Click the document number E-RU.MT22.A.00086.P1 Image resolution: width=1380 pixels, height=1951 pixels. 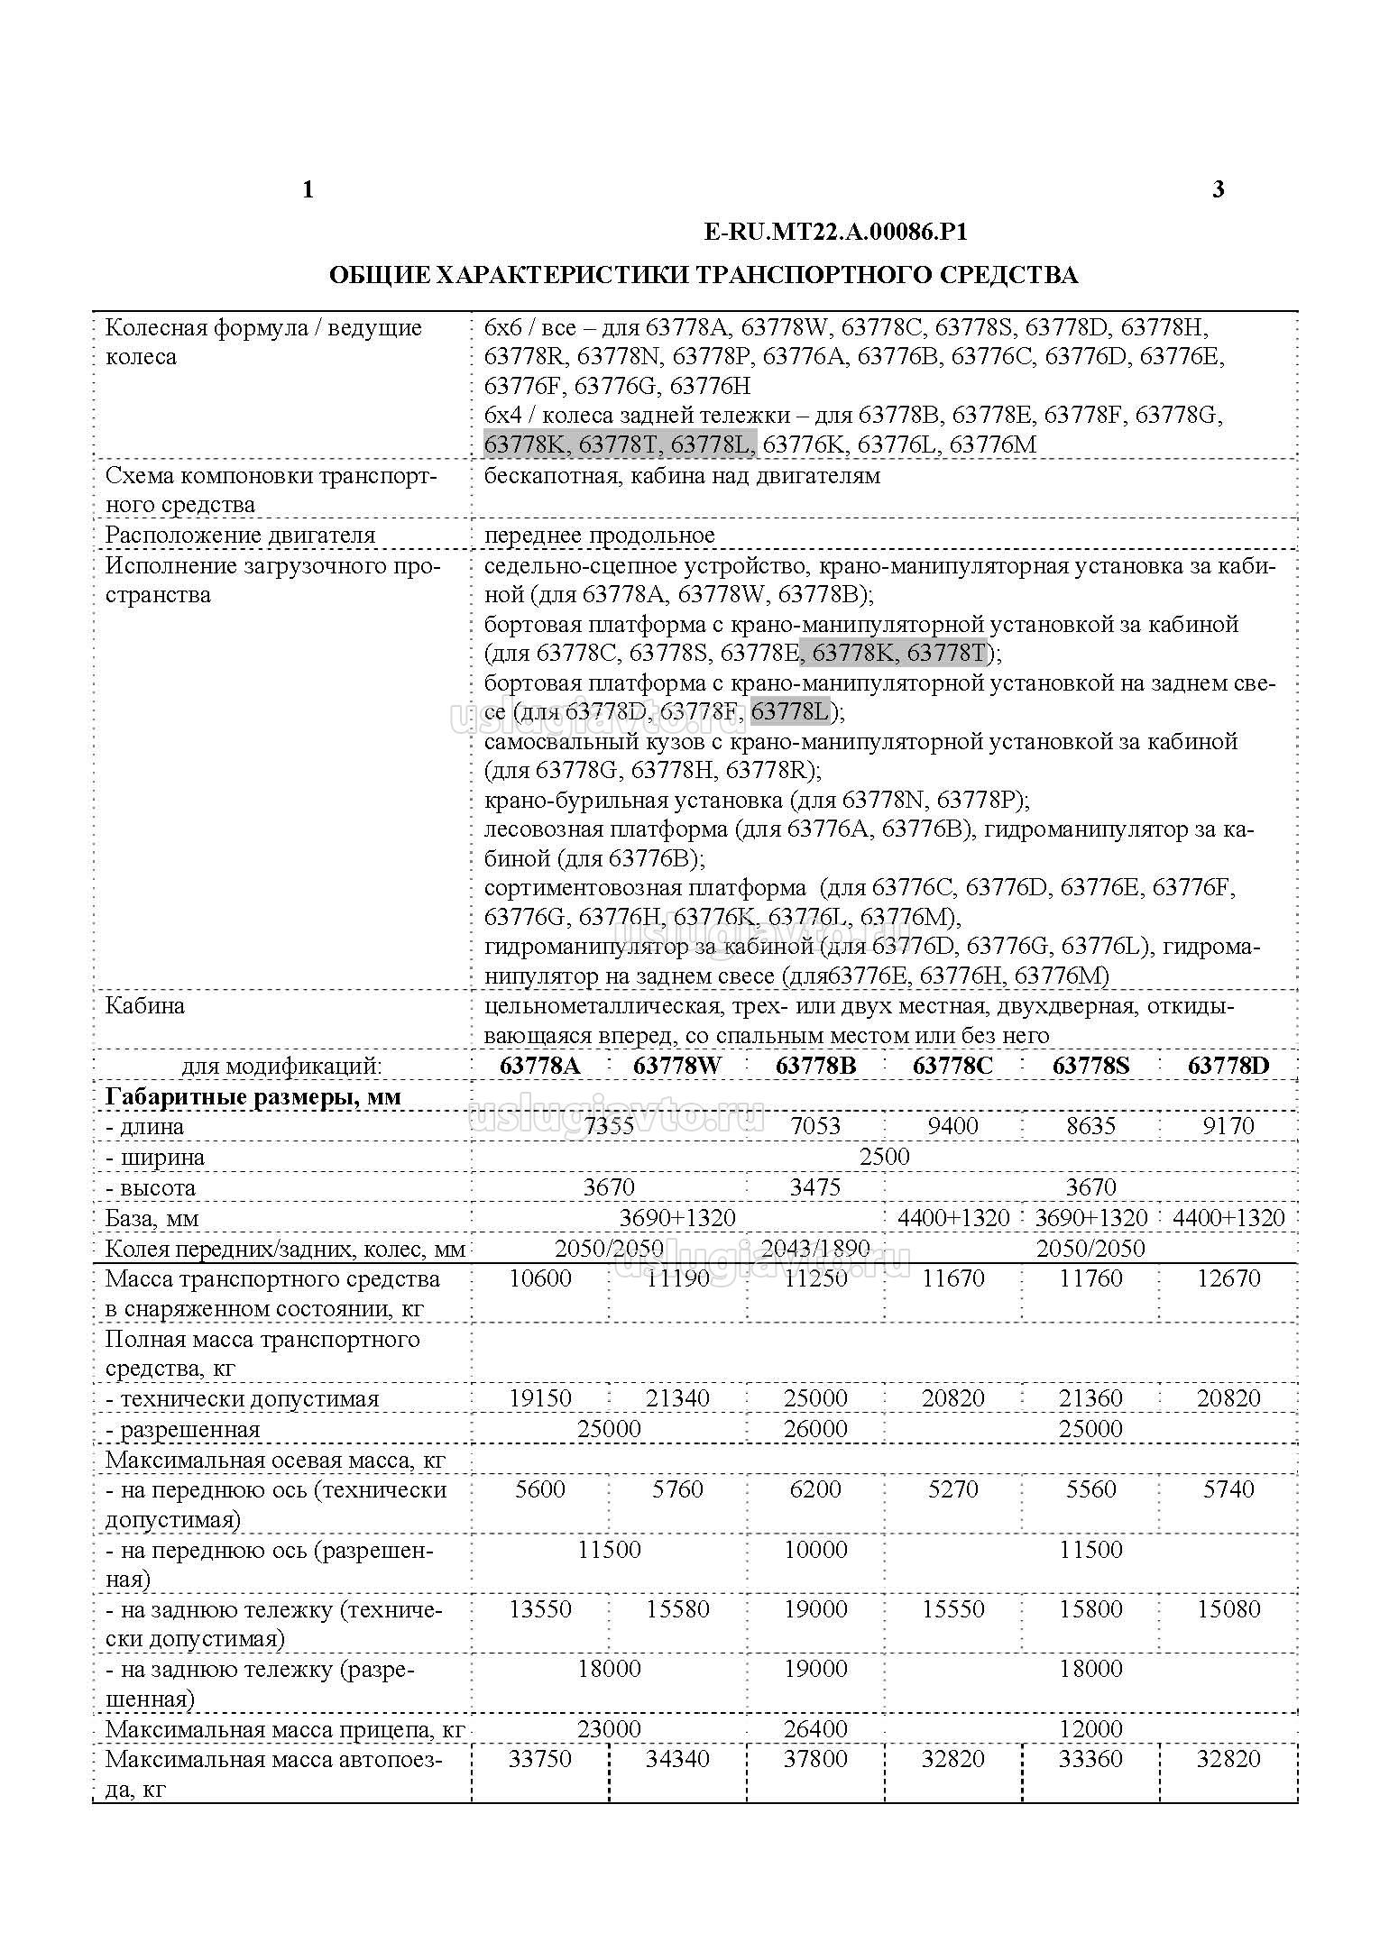coord(835,232)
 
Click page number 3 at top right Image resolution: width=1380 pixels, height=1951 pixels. coord(1219,189)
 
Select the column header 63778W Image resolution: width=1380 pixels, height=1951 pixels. coord(677,1066)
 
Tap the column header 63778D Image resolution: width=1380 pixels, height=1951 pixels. coord(1228,1066)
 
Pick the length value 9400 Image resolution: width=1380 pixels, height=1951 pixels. coord(952,1126)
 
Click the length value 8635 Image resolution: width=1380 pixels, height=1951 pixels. coord(1090,1126)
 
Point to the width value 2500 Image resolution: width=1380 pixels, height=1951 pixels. coord(884,1157)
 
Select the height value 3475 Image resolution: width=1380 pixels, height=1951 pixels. coord(815,1187)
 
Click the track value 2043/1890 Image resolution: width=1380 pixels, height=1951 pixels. coord(815,1249)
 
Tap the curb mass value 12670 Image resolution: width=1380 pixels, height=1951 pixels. coord(1228,1278)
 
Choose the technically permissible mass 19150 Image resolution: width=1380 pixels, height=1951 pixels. coord(540,1398)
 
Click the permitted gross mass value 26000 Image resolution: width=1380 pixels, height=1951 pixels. coord(815,1429)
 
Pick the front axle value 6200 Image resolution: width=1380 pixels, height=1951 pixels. coord(815,1488)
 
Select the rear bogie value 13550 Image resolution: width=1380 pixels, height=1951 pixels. coord(540,1609)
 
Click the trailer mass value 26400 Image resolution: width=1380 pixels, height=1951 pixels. coord(815,1729)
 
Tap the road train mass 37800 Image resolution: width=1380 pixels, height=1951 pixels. coord(815,1759)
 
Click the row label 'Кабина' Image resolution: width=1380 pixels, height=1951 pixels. coord(145,1005)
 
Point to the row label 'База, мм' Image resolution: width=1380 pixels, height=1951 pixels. coord(152,1218)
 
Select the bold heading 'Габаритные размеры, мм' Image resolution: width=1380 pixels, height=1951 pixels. coord(253,1096)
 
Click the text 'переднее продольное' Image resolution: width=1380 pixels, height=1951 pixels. coord(599,535)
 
